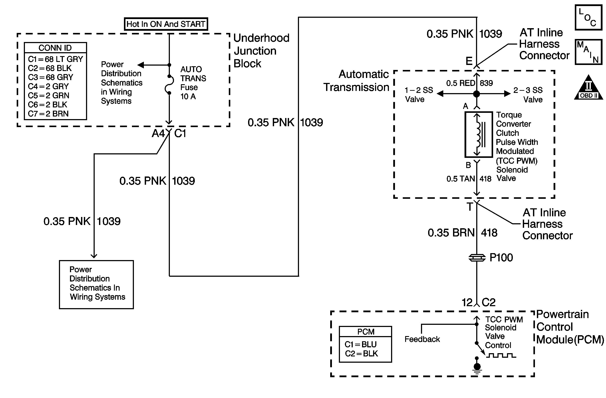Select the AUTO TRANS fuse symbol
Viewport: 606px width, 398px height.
pos(169,84)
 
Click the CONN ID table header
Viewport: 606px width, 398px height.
pos(55,48)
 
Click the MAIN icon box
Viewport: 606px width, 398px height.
pos(588,52)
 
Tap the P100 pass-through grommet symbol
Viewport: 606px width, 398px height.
pos(477,258)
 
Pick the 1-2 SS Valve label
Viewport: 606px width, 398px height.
pos(419,94)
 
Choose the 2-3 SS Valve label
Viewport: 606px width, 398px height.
pos(528,94)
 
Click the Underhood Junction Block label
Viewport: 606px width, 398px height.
pos(261,51)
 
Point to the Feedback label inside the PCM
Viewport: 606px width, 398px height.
pos(422,339)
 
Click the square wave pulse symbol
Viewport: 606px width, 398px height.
pos(501,355)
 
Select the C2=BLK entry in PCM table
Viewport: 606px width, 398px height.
pos(361,353)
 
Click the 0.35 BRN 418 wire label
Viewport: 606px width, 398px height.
pos(462,233)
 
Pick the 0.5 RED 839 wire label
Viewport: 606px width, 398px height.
pos(469,83)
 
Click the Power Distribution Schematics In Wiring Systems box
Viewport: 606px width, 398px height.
pos(96,284)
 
